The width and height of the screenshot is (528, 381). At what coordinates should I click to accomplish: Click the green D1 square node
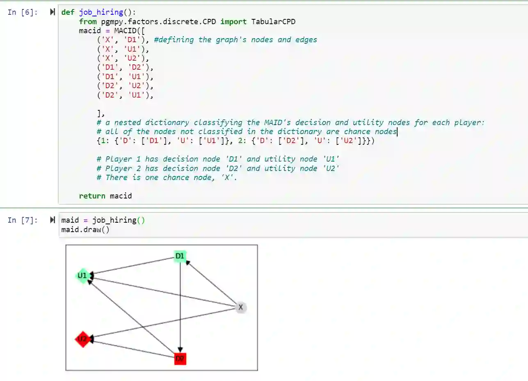point(180,257)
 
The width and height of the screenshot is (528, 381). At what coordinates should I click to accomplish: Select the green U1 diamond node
point(82,276)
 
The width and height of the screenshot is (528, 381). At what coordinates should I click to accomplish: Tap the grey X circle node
point(241,307)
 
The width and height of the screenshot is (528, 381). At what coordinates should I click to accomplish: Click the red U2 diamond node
point(82,339)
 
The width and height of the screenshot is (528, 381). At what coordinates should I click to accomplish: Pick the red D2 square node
point(180,359)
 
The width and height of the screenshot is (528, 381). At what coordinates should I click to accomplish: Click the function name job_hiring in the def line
point(101,12)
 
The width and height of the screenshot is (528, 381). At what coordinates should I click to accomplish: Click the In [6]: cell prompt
point(23,12)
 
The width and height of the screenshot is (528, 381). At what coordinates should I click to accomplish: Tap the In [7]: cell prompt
point(23,220)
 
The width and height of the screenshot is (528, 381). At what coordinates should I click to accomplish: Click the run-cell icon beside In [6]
point(52,12)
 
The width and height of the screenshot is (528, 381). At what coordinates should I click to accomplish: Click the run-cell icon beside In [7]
point(52,220)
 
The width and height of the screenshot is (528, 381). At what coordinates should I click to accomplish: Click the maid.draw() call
point(85,229)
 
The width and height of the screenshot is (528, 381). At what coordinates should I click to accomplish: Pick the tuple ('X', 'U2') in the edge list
point(122,58)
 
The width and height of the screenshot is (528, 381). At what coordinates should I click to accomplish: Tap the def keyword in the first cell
point(68,12)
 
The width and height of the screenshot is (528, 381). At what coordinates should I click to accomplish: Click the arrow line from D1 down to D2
point(181,308)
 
